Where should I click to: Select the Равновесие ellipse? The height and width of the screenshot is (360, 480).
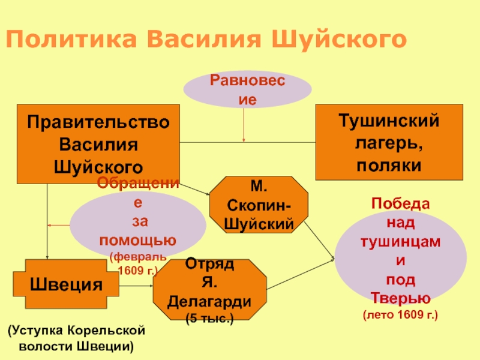point(247,91)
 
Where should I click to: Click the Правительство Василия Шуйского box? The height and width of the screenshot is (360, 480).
point(98,143)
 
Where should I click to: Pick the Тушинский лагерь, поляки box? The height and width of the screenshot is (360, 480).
point(389,142)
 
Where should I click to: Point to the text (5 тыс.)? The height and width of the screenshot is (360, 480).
point(209,317)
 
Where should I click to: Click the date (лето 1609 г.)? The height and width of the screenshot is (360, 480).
point(400,314)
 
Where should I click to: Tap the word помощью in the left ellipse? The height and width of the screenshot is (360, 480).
point(137,241)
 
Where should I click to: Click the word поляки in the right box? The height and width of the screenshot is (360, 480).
point(389,164)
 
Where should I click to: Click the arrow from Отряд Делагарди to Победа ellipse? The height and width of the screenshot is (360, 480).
point(300,273)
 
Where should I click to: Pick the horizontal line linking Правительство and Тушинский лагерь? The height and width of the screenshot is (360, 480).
point(247,142)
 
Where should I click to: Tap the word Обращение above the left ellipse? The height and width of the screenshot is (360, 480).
point(137,183)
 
